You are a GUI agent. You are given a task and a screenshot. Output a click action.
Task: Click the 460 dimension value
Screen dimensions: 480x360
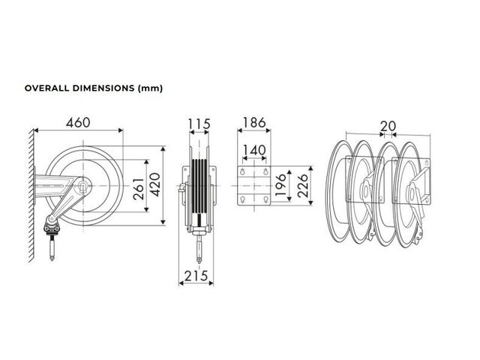pos(78,123)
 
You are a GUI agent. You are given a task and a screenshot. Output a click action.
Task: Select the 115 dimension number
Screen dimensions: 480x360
pos(199,124)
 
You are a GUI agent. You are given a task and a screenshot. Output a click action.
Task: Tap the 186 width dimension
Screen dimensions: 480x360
pos(254,123)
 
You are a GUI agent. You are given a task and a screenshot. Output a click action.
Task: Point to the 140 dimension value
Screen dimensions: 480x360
pos(254,150)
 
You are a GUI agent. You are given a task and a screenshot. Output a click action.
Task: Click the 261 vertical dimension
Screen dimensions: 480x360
pos(139,189)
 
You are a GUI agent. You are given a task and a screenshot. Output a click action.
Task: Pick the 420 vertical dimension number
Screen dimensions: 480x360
pos(155,185)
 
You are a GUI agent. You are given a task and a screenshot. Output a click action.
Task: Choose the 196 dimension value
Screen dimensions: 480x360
pos(280,185)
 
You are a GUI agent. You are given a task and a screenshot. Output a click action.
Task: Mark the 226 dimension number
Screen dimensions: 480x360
pos(302,185)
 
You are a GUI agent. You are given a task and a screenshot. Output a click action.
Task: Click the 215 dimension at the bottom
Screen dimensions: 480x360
pos(196,276)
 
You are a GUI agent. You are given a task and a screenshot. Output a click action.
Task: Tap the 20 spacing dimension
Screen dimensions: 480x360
pos(388,126)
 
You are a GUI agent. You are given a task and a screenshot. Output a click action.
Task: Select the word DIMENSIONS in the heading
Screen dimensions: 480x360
pos(103,88)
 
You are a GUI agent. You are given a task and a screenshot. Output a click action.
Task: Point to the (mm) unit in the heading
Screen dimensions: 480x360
pos(150,88)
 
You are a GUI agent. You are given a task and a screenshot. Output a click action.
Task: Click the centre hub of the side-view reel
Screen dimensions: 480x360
pos(83,185)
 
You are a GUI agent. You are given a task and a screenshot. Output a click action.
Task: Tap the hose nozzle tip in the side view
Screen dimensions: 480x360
pos(52,259)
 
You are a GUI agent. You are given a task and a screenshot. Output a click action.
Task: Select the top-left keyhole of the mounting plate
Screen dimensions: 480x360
pos(243,172)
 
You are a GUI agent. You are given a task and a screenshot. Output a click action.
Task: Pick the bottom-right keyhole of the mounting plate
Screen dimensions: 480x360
pos(266,200)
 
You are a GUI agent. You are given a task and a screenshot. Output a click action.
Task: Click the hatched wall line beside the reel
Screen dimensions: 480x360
pos(31,196)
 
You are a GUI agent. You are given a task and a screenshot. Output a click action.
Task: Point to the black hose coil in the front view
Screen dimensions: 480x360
pos(199,186)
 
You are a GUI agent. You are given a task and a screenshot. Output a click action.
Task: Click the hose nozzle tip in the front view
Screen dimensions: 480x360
pos(199,261)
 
